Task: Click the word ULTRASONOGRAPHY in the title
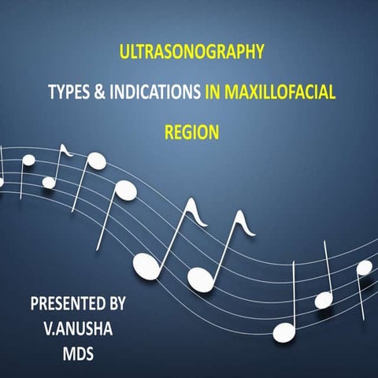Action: coord(190,54)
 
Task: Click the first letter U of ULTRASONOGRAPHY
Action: coord(122,54)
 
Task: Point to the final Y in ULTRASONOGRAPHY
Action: coord(256,54)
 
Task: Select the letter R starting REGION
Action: coord(169,132)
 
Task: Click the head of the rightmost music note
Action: coord(363,267)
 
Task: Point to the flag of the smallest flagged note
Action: coord(67,149)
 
